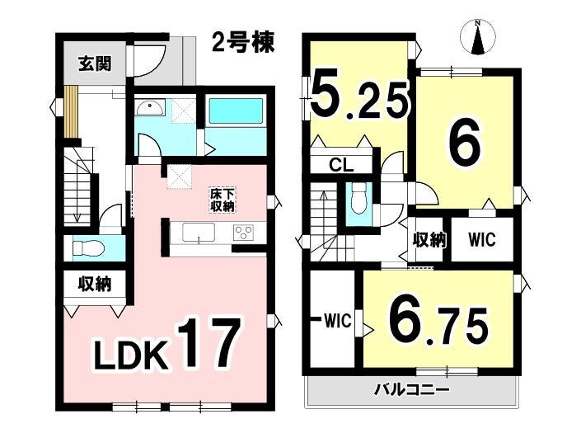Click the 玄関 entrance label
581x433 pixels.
pyautogui.click(x=95, y=64)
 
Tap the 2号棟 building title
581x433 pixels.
pyautogui.click(x=243, y=42)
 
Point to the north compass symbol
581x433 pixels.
pyautogui.click(x=478, y=37)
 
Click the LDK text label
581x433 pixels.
pyautogui.click(x=129, y=356)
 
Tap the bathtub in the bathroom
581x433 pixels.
pyautogui.click(x=236, y=110)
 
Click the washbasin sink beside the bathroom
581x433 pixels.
pyautogui.click(x=151, y=107)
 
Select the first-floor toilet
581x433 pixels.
pyautogui.click(x=87, y=247)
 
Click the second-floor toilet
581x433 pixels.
pyautogui.click(x=358, y=202)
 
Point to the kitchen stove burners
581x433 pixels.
pyautogui.click(x=243, y=233)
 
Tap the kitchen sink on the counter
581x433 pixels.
pyautogui.click(x=199, y=233)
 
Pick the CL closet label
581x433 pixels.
pyautogui.click(x=341, y=165)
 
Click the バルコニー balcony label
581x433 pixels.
pyautogui.click(x=411, y=390)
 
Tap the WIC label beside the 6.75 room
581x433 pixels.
pyautogui.click(x=338, y=321)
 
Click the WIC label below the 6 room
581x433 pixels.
pyautogui.click(x=482, y=239)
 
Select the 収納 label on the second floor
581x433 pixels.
pyautogui.click(x=429, y=240)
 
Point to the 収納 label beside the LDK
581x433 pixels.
pyautogui.click(x=95, y=285)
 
